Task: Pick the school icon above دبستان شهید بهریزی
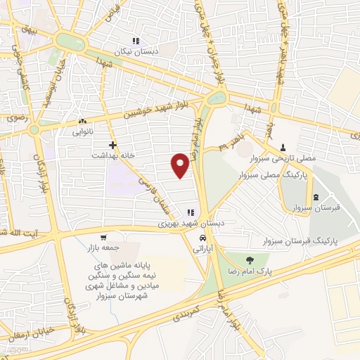[189, 213]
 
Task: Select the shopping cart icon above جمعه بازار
[104, 238]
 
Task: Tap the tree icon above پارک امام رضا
[247, 260]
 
